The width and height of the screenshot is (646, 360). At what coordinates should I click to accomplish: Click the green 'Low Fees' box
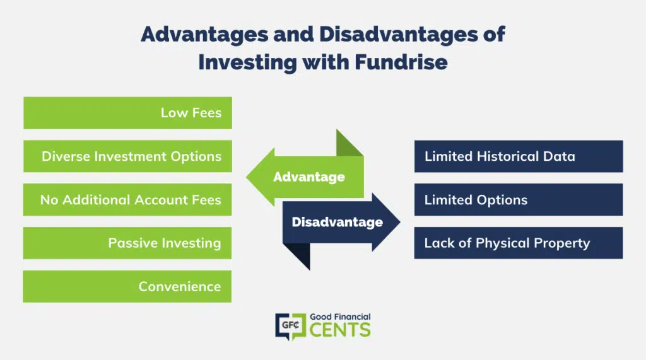(127, 113)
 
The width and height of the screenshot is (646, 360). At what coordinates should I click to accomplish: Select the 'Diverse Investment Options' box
(127, 156)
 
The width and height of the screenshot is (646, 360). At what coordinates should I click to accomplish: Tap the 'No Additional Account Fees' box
(127, 200)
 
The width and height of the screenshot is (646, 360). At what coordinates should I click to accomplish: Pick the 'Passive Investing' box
(127, 243)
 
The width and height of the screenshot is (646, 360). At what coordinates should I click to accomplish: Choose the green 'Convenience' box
(127, 286)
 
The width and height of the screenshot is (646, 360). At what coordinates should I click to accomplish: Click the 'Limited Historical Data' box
(519, 156)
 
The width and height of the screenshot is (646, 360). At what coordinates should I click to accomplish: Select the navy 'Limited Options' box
(519, 200)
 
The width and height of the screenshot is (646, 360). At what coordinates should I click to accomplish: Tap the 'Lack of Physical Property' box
(519, 243)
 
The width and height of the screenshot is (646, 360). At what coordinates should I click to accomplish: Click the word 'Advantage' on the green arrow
(309, 177)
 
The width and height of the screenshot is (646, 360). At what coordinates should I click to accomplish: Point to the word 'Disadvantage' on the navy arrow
(338, 222)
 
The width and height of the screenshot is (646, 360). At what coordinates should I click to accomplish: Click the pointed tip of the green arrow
(247, 177)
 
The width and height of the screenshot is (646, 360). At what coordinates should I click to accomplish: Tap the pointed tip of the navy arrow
(399, 222)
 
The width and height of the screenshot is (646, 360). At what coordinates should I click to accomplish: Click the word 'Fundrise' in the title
(401, 62)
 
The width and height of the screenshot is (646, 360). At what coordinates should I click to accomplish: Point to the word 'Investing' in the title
(247, 62)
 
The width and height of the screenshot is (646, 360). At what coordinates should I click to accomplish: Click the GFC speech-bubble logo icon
(290, 327)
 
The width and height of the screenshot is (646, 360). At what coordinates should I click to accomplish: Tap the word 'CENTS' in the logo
(340, 330)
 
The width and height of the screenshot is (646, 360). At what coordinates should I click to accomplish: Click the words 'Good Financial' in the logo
(340, 316)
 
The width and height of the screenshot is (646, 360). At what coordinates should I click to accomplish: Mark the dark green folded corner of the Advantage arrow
(349, 143)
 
